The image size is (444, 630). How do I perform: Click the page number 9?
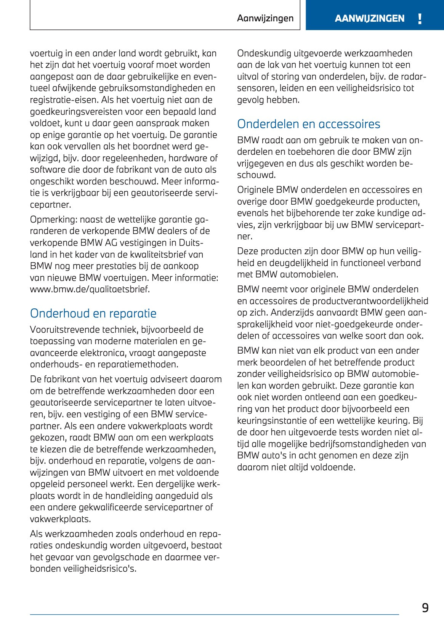coord(425,608)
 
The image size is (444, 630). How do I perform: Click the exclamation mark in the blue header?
coord(420,19)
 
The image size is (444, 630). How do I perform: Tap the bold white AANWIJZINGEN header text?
coord(369,19)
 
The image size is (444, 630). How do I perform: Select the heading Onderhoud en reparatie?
coord(93,313)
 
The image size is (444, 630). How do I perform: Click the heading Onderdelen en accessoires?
coord(308,124)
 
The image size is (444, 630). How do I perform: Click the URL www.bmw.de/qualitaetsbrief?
coord(90,289)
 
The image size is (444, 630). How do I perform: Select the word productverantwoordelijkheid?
coord(370,301)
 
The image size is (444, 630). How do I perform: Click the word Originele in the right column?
coord(255,190)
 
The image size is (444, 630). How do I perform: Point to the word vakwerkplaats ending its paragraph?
coord(60,519)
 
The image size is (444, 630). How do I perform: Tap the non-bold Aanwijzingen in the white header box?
coord(265,18)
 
